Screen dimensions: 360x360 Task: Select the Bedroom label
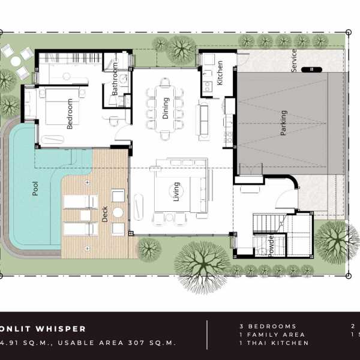70,114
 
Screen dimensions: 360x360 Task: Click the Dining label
166,109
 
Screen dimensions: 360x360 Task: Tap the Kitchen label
220,73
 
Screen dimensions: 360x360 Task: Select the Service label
294,61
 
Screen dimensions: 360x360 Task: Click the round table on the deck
118,212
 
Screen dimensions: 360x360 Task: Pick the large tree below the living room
202,260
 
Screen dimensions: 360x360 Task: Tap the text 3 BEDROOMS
268,326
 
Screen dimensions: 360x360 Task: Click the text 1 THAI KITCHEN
274,343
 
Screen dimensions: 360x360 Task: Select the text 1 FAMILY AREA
272,335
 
